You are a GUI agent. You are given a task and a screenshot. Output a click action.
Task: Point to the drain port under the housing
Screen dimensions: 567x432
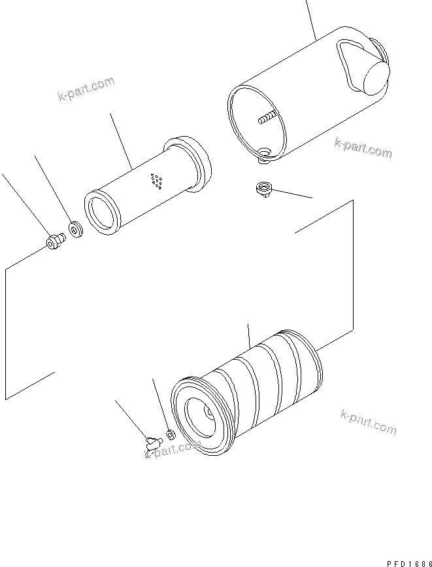pos(264,154)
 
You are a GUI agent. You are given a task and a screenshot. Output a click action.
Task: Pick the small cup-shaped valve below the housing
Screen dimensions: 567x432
pos(262,190)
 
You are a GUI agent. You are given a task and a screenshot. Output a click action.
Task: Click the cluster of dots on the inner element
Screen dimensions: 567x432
pos(156,181)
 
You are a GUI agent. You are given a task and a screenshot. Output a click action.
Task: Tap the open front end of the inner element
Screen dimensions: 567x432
pos(102,213)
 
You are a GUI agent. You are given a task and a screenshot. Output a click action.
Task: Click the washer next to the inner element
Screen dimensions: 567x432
pos(76,230)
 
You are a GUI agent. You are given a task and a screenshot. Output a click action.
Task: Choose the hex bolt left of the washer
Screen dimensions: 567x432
pos(54,243)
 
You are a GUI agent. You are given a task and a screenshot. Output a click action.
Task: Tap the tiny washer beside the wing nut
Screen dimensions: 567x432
pos(170,434)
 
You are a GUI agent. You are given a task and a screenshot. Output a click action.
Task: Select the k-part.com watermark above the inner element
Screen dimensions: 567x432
pos(85,90)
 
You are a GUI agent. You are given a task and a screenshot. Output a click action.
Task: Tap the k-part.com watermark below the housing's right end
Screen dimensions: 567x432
pos(363,148)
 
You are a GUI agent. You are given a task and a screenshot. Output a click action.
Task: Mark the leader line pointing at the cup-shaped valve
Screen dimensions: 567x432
pos(291,194)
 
